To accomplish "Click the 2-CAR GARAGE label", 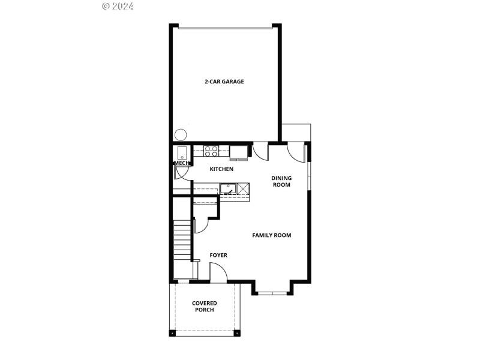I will [x=224, y=82].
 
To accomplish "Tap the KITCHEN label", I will [x=221, y=169].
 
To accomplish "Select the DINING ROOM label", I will [x=281, y=181].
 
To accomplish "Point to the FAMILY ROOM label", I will [x=271, y=235].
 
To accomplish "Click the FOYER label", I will [x=218, y=256].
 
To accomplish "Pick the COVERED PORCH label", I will [x=205, y=307].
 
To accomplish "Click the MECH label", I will [x=181, y=163].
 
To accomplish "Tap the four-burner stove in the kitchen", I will [x=211, y=151].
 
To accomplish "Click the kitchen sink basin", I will [x=227, y=189].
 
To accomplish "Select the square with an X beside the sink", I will [x=243, y=189].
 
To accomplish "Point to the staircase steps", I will [x=182, y=240].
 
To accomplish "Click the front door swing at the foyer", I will [x=218, y=273].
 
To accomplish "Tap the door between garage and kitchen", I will [x=260, y=151].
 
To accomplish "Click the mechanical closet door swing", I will [x=182, y=173].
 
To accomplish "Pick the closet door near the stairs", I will [x=200, y=224].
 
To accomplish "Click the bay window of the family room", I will [x=272, y=293].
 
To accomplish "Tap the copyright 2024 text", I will [x=118, y=6].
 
